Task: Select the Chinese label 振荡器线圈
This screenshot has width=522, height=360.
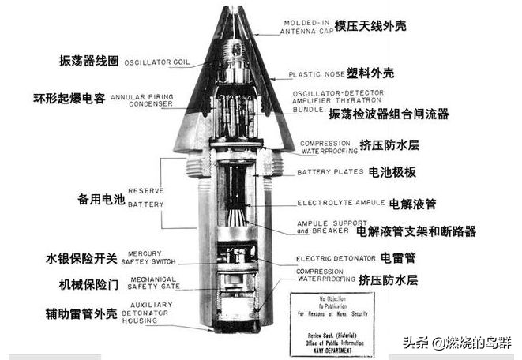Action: tap(86, 61)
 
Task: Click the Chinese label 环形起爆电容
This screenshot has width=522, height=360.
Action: tap(69, 99)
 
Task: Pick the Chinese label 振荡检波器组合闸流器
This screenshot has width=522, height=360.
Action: tap(389, 114)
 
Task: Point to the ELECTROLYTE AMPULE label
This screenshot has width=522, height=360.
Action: tap(340, 203)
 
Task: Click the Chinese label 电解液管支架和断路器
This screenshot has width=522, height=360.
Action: tap(416, 231)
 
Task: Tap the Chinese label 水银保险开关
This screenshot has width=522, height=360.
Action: tap(81, 258)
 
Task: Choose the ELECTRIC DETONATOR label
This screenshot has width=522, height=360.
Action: tap(336, 258)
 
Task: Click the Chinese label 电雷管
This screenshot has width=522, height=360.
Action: tap(399, 257)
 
